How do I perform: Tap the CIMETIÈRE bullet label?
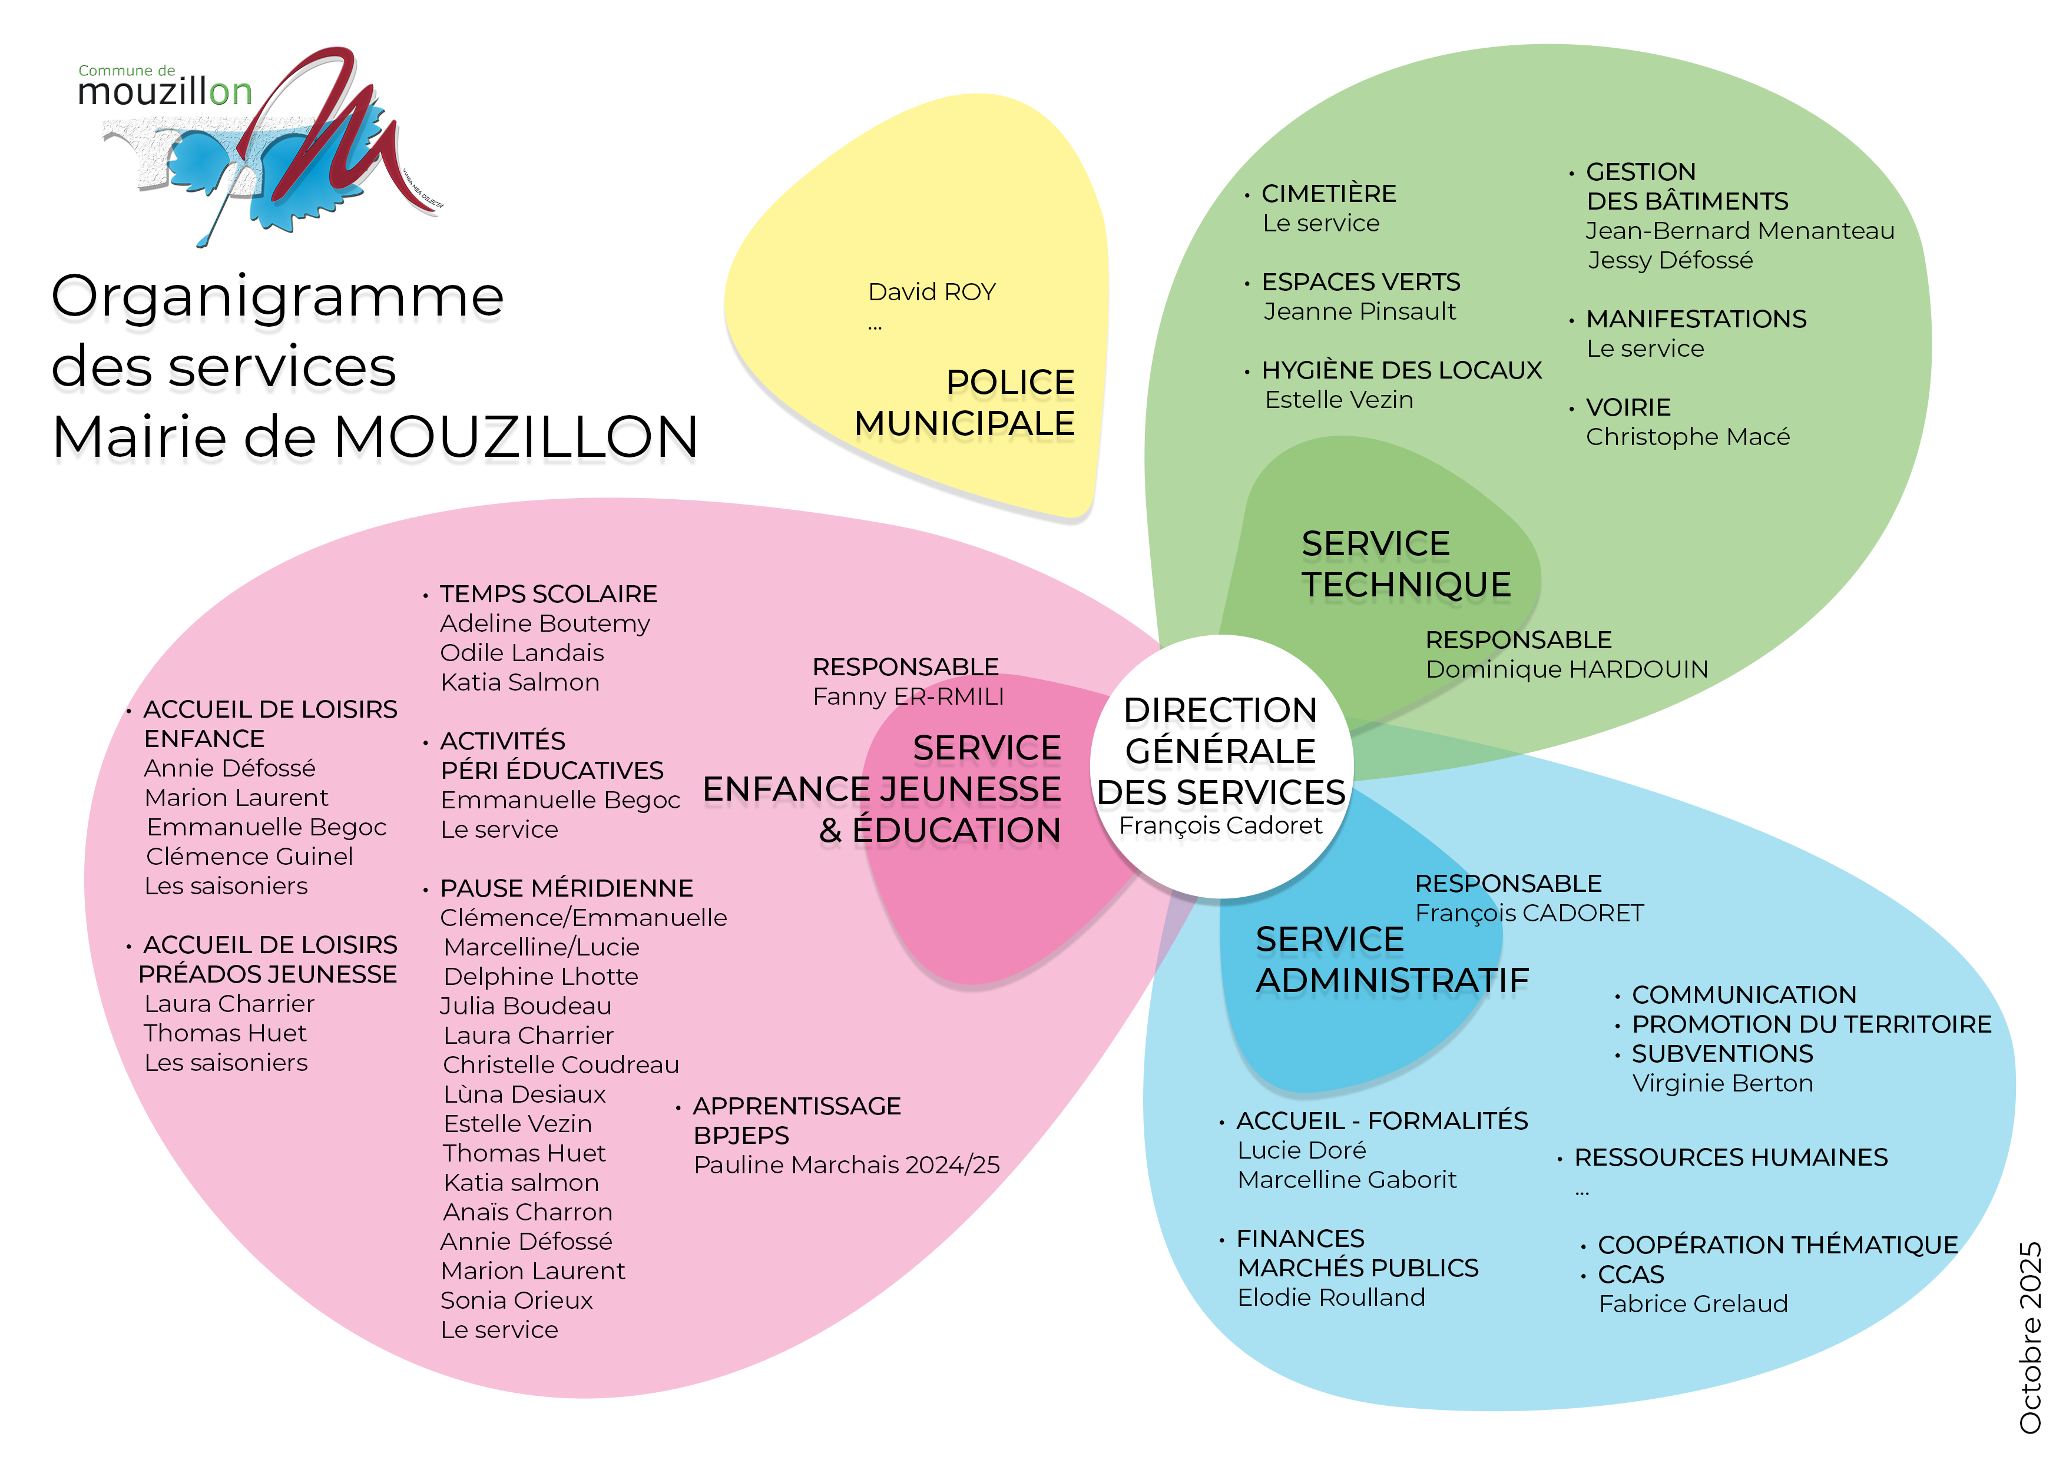(1328, 194)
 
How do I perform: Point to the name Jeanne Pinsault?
(1359, 311)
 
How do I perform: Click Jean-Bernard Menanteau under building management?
(1739, 231)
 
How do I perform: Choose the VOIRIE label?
(1628, 407)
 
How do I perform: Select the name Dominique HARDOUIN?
(1567, 669)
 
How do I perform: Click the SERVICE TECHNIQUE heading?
(1406, 564)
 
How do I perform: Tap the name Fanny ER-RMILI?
(908, 696)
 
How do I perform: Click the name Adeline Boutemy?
(544, 623)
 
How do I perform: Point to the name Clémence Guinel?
(249, 857)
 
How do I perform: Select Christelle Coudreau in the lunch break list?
(561, 1065)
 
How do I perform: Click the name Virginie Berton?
(1722, 1083)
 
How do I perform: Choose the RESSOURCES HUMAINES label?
(1730, 1158)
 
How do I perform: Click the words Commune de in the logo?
(127, 70)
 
